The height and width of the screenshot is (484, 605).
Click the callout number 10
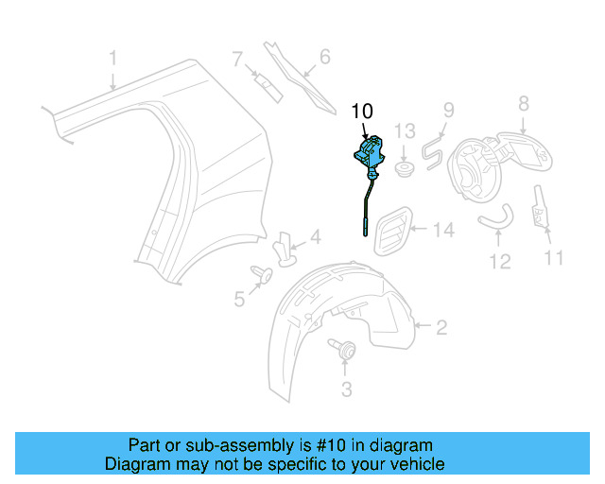tap(362, 112)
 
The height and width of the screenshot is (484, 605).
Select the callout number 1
tap(112, 59)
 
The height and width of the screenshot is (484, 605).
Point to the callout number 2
tap(441, 328)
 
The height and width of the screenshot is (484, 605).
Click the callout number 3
tap(346, 389)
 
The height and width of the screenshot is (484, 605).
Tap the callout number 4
tap(315, 236)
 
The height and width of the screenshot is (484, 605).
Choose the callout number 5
tap(239, 300)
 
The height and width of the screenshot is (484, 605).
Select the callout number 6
tap(324, 58)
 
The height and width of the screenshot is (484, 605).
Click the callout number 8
tap(523, 103)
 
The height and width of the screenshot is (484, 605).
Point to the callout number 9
tap(449, 112)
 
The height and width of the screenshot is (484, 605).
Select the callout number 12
tap(499, 260)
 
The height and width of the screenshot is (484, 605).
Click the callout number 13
tap(405, 130)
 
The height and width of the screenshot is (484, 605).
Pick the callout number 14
tap(443, 229)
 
